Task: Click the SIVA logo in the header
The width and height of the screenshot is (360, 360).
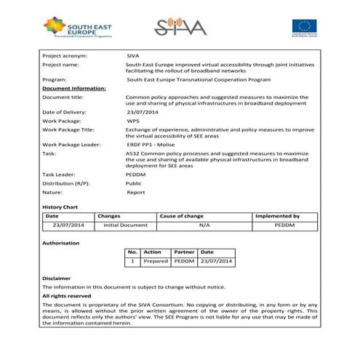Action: [x=180, y=27]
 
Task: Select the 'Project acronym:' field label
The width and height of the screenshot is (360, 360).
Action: [x=65, y=55]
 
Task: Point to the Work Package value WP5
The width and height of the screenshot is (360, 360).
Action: [x=133, y=121]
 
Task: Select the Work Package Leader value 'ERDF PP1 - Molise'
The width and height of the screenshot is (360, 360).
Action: [x=153, y=145]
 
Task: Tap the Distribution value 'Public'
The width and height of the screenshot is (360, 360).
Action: [x=135, y=183]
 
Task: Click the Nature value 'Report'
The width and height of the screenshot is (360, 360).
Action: [x=136, y=193]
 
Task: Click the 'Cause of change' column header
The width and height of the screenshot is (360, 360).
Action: [x=182, y=216]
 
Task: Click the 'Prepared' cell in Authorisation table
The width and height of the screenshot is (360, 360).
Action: [x=156, y=260]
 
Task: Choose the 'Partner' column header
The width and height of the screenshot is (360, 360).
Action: [x=184, y=252]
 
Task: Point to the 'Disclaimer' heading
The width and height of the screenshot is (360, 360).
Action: [x=57, y=279]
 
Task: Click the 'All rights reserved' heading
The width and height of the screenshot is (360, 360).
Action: [x=66, y=296]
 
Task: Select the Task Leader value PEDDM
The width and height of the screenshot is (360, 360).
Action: [x=136, y=175]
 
